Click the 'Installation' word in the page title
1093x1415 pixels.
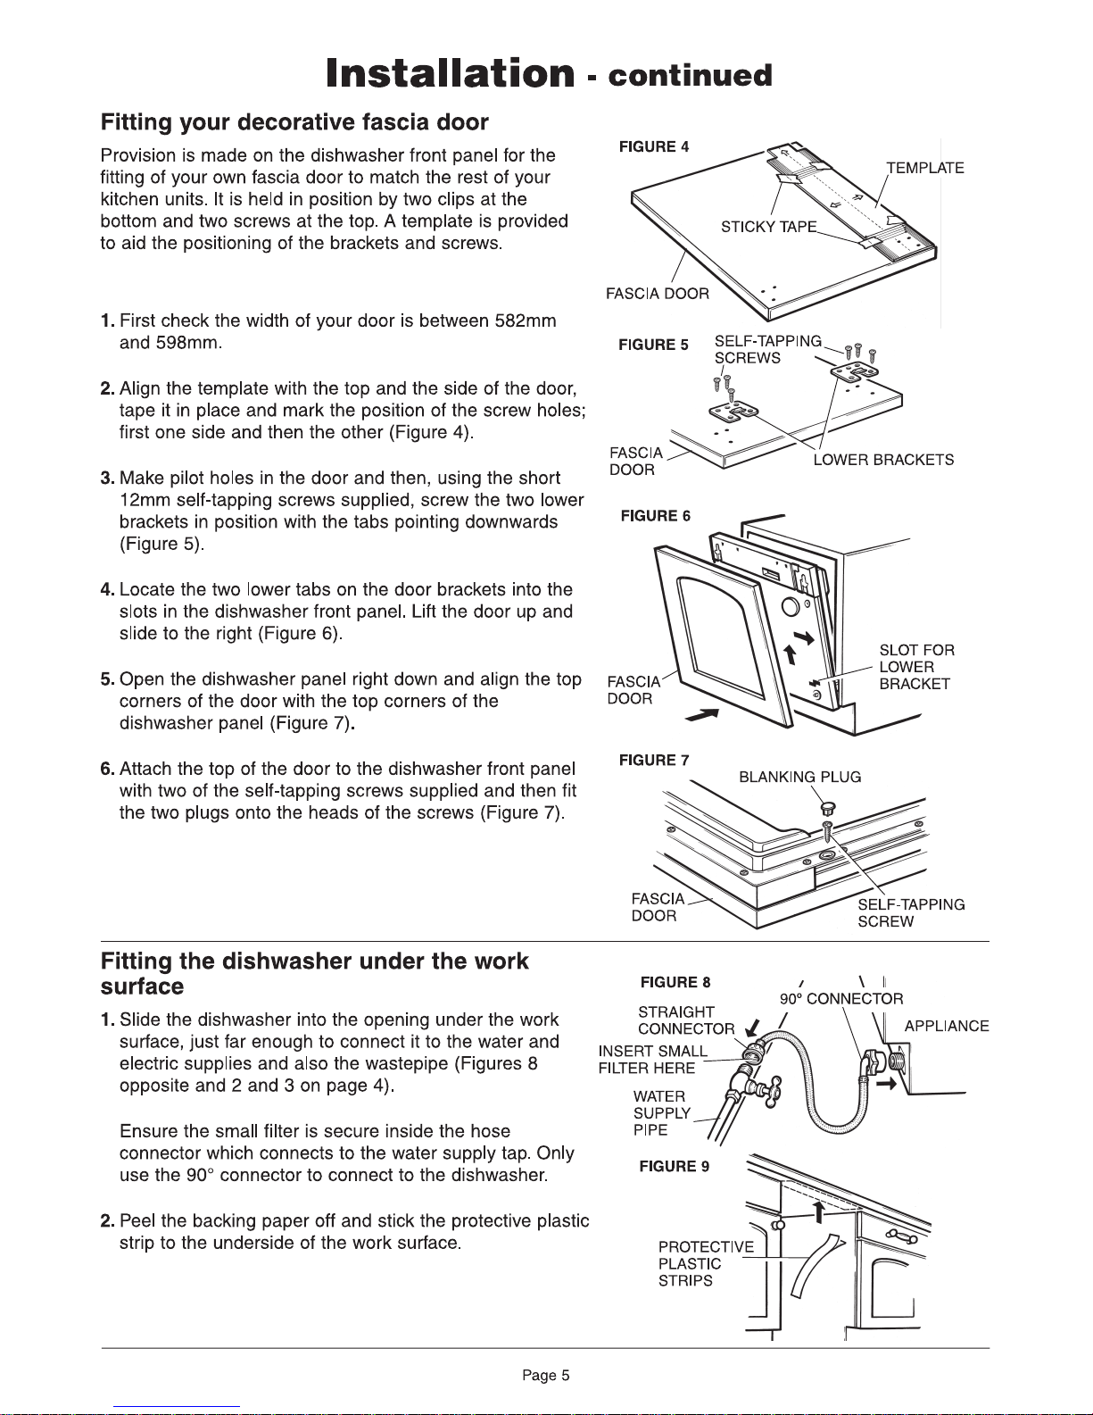pyautogui.click(x=449, y=72)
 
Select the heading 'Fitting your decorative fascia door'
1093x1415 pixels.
pyautogui.click(x=294, y=121)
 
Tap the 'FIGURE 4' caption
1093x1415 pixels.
pyautogui.click(x=653, y=147)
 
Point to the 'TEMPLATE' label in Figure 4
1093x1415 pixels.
pyautogui.click(x=925, y=168)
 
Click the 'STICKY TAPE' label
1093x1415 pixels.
pyautogui.click(x=769, y=226)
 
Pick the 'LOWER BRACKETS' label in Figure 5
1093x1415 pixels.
pyautogui.click(x=883, y=460)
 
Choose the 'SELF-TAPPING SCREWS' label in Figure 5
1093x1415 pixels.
pyautogui.click(x=767, y=349)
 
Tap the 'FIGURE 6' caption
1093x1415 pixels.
pyautogui.click(x=655, y=516)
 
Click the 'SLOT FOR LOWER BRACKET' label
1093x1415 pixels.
pyautogui.click(x=916, y=667)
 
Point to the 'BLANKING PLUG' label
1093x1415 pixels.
pyautogui.click(x=800, y=777)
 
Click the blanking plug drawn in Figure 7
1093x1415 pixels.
pyautogui.click(x=826, y=808)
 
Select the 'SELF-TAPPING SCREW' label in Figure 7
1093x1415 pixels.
pyautogui.click(x=911, y=912)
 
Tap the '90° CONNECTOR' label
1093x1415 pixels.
pyautogui.click(x=841, y=999)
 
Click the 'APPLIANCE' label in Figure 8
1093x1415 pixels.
pyautogui.click(x=947, y=1027)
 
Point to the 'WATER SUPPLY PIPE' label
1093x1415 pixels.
pyautogui.click(x=662, y=1113)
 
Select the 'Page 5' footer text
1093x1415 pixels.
pyautogui.click(x=545, y=1376)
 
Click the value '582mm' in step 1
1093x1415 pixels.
pyautogui.click(x=526, y=321)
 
